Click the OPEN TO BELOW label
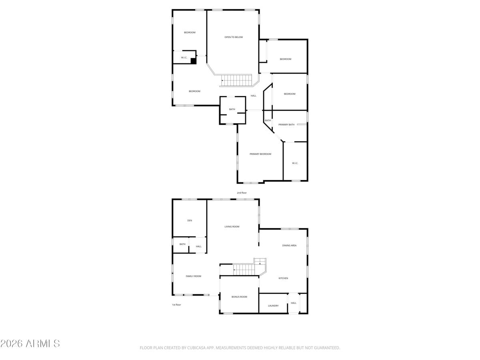(234, 37)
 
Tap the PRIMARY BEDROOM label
(260, 154)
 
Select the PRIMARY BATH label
(286, 124)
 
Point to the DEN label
(190, 220)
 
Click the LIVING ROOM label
(232, 227)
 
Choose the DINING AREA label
(289, 246)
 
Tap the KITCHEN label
(283, 278)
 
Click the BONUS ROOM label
(239, 297)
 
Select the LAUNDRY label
(273, 306)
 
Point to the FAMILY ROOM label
(193, 276)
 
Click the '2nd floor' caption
(242, 193)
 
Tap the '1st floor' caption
(176, 305)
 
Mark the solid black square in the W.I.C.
(194, 61)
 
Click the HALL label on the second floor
(254, 96)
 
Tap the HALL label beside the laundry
(294, 303)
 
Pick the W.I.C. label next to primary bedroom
(295, 163)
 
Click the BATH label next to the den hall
(182, 244)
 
